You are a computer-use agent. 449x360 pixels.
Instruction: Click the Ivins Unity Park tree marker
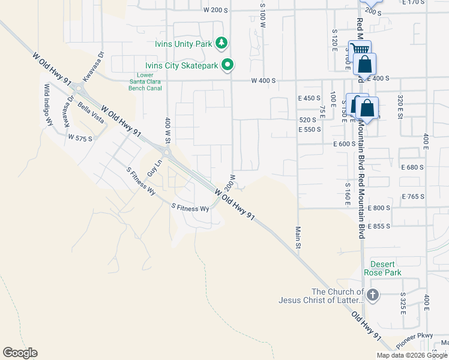222,42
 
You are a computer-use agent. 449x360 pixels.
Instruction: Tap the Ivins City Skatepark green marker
228,64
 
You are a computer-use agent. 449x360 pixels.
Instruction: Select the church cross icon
373,295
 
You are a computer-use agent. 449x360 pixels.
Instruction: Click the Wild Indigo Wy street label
48,104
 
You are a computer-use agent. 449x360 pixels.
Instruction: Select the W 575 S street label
80,139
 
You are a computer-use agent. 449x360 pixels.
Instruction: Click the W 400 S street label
264,80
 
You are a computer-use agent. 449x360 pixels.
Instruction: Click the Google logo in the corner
20,353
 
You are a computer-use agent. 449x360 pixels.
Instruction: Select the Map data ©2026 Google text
412,355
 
